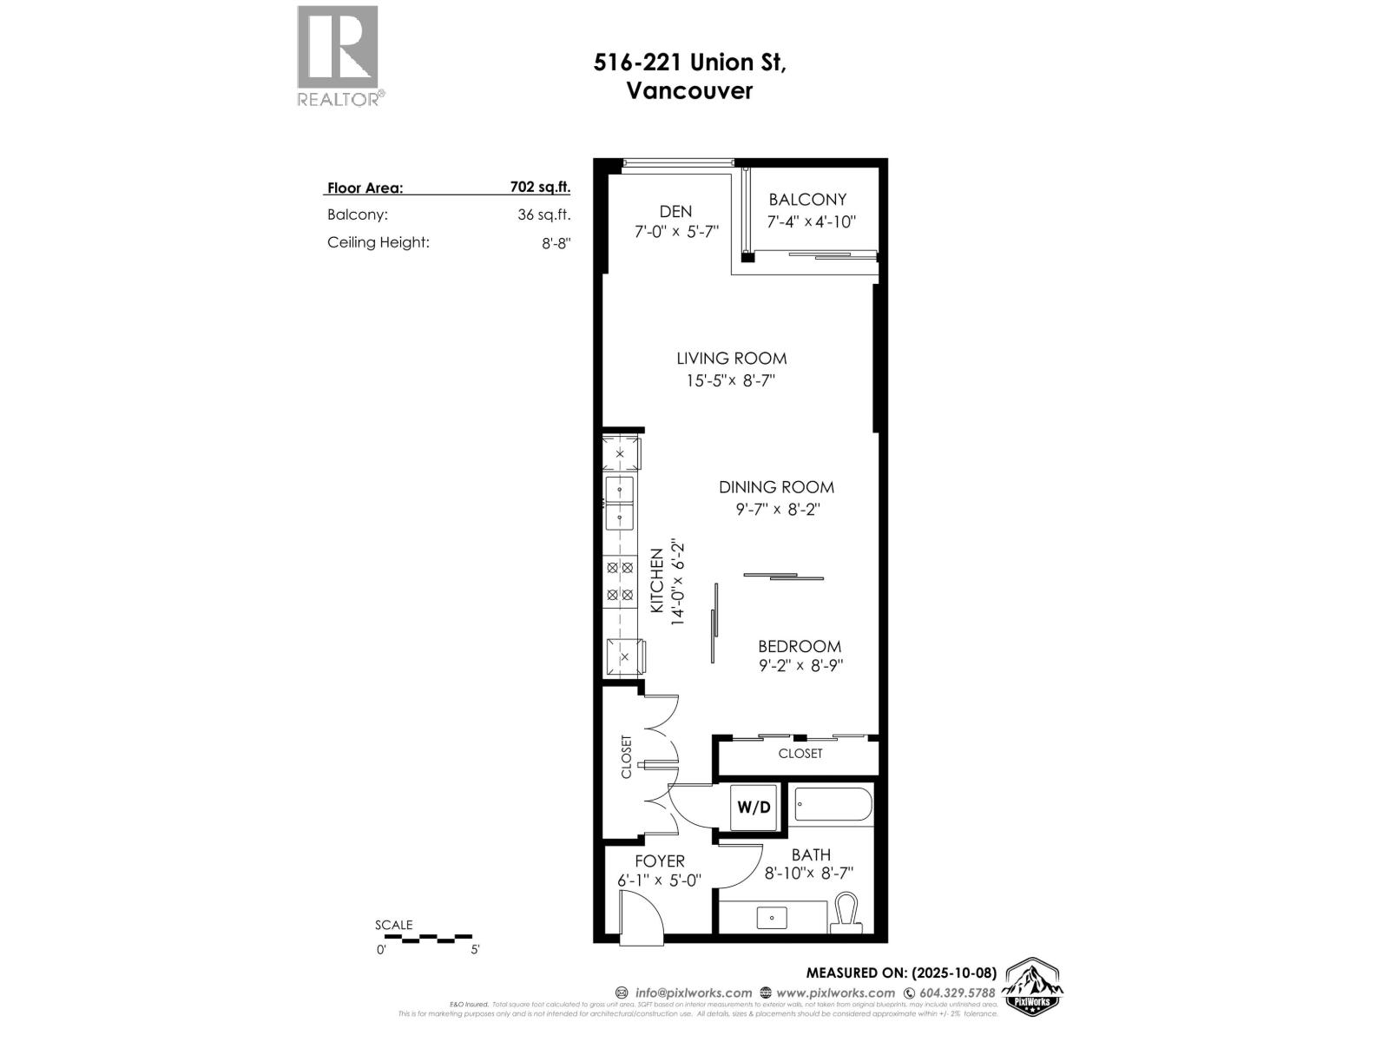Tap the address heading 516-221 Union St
click(x=689, y=63)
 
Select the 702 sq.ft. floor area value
click(x=540, y=187)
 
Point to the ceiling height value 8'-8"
click(x=556, y=243)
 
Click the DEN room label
click(x=675, y=211)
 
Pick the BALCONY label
click(x=807, y=200)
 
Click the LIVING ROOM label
click(x=732, y=358)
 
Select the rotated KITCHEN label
click(x=657, y=581)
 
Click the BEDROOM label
click(x=799, y=646)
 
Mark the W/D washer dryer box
click(x=754, y=808)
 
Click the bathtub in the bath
click(x=833, y=805)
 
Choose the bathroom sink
click(x=771, y=916)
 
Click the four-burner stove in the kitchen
click(x=620, y=581)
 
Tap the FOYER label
click(x=660, y=861)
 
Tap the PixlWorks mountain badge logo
click(x=1032, y=987)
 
